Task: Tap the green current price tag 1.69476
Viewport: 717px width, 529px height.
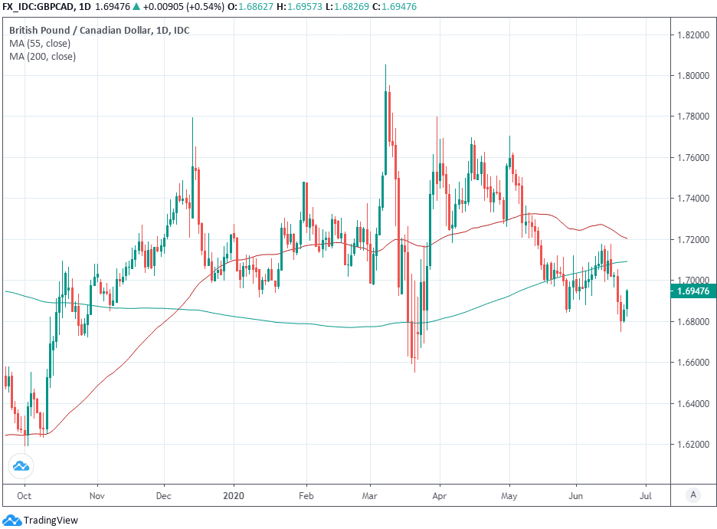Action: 692,291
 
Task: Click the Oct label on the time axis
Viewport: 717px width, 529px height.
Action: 25,496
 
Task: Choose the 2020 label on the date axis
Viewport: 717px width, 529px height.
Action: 233,496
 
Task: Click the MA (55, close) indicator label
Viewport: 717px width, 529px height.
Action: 40,44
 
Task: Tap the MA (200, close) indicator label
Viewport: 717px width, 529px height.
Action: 42,57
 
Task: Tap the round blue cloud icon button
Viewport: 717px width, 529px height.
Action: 21,465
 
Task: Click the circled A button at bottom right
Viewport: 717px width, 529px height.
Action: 692,495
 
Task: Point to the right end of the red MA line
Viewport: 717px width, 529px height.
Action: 627,238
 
